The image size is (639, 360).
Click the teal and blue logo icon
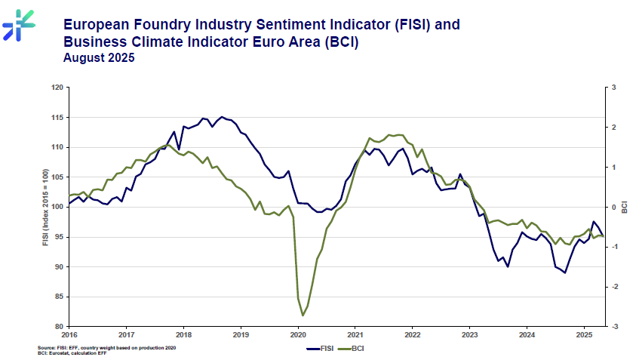tap(17, 25)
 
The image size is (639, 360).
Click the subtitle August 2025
tap(99, 58)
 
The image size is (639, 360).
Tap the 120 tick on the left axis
tap(57, 88)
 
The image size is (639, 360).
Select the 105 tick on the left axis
tap(57, 177)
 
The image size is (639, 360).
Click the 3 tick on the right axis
tap(615, 88)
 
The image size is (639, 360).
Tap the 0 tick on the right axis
tap(615, 208)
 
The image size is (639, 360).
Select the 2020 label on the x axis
tap(297, 334)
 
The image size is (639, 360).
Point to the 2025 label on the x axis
tap(583, 334)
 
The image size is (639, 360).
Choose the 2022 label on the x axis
tap(412, 334)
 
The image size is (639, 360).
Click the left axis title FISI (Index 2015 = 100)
tap(46, 207)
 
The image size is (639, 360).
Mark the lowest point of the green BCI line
tap(303, 315)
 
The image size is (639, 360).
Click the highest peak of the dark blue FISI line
tap(221, 117)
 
